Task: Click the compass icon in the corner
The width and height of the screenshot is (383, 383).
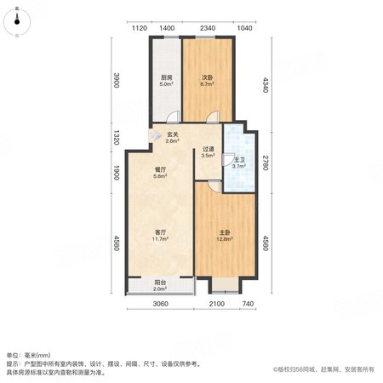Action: pos(17,22)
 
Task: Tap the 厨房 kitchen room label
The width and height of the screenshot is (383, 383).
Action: pos(167,77)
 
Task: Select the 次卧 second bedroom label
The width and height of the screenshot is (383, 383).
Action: pos(208,77)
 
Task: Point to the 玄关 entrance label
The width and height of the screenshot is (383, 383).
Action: pos(172,134)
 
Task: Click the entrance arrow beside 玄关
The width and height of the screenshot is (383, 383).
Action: pos(155,135)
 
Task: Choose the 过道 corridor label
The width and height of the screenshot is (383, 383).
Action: pos(208,149)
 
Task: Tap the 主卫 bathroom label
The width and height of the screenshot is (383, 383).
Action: pos(239,160)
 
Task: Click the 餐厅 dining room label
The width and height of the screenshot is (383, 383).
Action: pos(160,169)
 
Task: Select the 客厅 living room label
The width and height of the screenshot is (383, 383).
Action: pos(160,232)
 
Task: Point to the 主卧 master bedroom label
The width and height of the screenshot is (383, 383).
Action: pos(225,232)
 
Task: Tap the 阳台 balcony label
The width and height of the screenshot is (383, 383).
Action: pos(160,283)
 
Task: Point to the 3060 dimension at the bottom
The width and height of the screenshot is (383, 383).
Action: pos(160,304)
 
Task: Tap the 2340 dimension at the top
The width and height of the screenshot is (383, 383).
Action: pos(208,28)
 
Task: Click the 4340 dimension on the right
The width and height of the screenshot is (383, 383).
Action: pos(265,85)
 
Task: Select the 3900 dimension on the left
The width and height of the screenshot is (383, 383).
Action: pos(116,80)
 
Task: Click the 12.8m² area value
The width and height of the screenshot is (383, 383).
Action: pos(225,239)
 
